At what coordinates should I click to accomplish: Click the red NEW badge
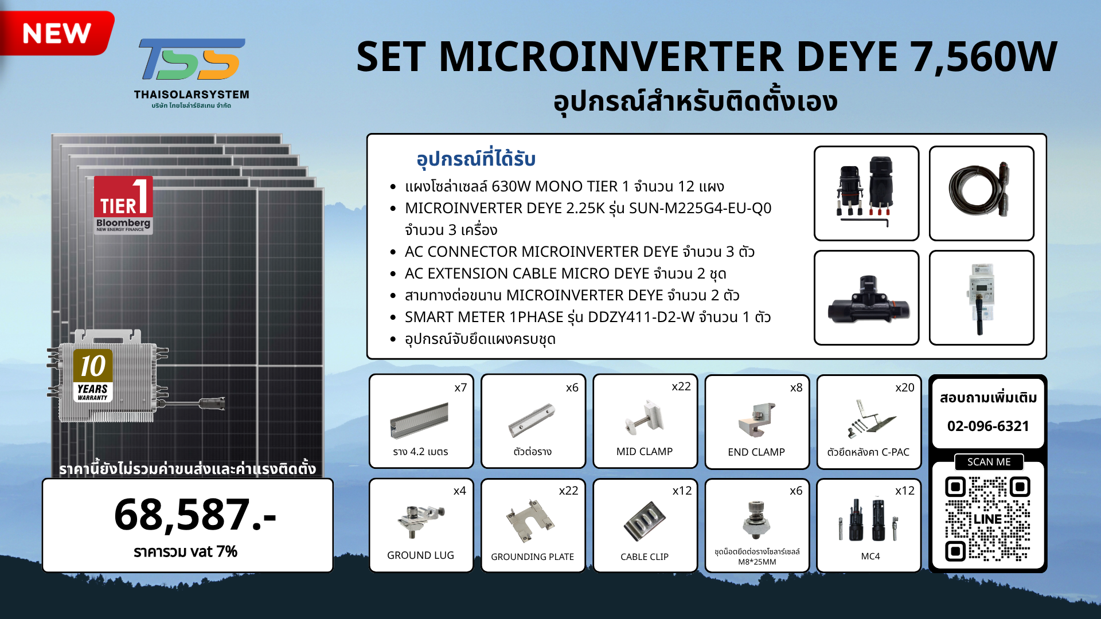(56, 33)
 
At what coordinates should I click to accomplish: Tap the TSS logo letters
(192, 59)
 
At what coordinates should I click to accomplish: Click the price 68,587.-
(195, 514)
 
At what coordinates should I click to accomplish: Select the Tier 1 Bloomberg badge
(123, 205)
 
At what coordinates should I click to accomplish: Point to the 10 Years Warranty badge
(93, 375)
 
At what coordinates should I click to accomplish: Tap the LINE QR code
(987, 519)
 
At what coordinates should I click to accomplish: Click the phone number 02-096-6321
(988, 426)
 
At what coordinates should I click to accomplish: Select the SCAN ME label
(989, 462)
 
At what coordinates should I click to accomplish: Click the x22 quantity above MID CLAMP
(681, 387)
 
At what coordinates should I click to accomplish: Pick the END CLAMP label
(756, 452)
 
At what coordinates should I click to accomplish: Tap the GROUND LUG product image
(421, 520)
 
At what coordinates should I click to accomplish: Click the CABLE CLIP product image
(645, 521)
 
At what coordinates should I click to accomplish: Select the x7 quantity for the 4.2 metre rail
(460, 388)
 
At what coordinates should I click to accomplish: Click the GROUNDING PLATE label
(532, 557)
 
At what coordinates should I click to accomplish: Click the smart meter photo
(981, 298)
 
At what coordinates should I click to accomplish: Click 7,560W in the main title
(984, 57)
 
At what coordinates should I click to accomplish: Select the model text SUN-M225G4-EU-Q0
(700, 208)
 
